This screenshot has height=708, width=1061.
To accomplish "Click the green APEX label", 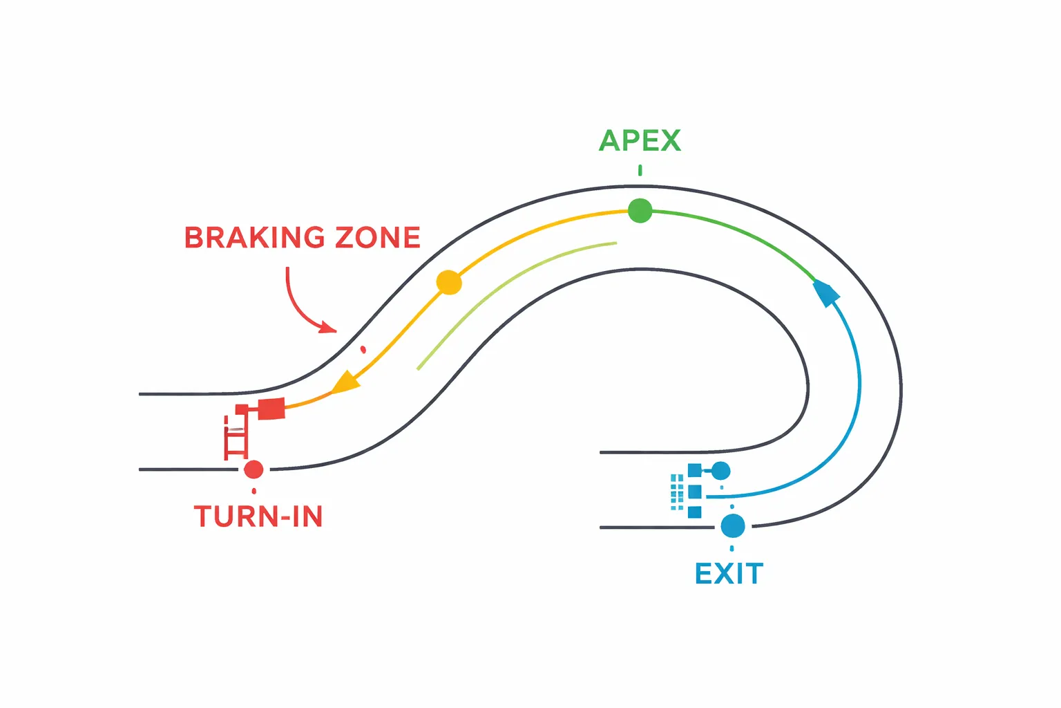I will pos(640,140).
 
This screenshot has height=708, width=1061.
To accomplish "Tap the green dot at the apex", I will pos(640,210).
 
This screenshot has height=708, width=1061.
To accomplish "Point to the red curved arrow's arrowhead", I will pos(329,327).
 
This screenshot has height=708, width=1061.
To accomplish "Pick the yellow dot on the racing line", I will pos(449,282).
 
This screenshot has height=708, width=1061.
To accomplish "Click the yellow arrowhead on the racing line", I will pos(345,382).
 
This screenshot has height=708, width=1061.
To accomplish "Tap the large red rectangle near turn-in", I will pos(271,409).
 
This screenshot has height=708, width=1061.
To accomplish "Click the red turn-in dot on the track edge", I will pos(254,469).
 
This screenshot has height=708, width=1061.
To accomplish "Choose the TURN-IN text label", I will pos(258,516).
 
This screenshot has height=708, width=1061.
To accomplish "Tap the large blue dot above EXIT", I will pos(733,525).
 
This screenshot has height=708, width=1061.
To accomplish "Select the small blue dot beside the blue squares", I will pos(720,471).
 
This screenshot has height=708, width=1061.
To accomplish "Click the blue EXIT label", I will pos(729,574).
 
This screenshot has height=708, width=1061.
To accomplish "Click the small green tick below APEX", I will pos(640,170).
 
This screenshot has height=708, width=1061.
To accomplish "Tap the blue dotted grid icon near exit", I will pos(676,492).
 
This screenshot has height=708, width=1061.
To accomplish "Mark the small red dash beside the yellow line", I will pos(363,350).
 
